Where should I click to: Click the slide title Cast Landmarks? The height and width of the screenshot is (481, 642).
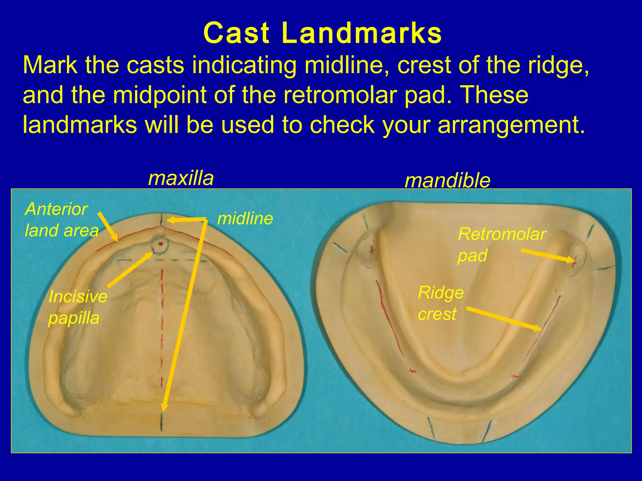[322, 34]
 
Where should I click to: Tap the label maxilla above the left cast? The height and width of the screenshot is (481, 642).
[181, 178]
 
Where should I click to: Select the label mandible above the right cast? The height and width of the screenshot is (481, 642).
[447, 181]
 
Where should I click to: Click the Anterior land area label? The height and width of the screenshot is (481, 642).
[61, 220]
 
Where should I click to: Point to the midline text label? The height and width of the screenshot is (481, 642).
[245, 219]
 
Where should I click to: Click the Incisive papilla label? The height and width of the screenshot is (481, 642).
[77, 307]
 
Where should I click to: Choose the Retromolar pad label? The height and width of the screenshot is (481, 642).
[502, 244]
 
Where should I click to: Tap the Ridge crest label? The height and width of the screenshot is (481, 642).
[440, 303]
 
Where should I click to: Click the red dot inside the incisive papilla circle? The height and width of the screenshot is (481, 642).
[161, 244]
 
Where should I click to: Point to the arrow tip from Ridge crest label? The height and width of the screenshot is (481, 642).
[541, 329]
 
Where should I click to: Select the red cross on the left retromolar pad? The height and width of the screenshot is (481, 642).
[371, 250]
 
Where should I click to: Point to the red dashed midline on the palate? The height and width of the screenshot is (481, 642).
[162, 313]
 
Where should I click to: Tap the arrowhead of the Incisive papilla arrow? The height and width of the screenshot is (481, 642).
[152, 253]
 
